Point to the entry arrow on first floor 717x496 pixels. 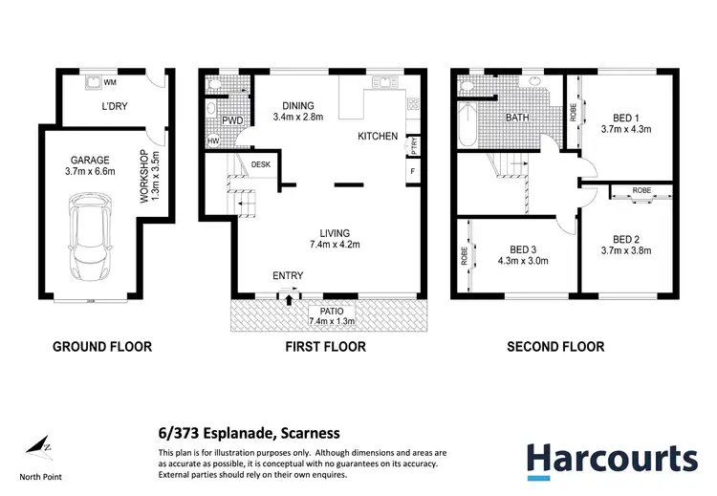point(288,298)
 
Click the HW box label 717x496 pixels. point(211,141)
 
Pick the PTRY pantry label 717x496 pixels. point(413,146)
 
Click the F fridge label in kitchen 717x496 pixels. point(412,172)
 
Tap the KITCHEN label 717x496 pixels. point(378,137)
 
